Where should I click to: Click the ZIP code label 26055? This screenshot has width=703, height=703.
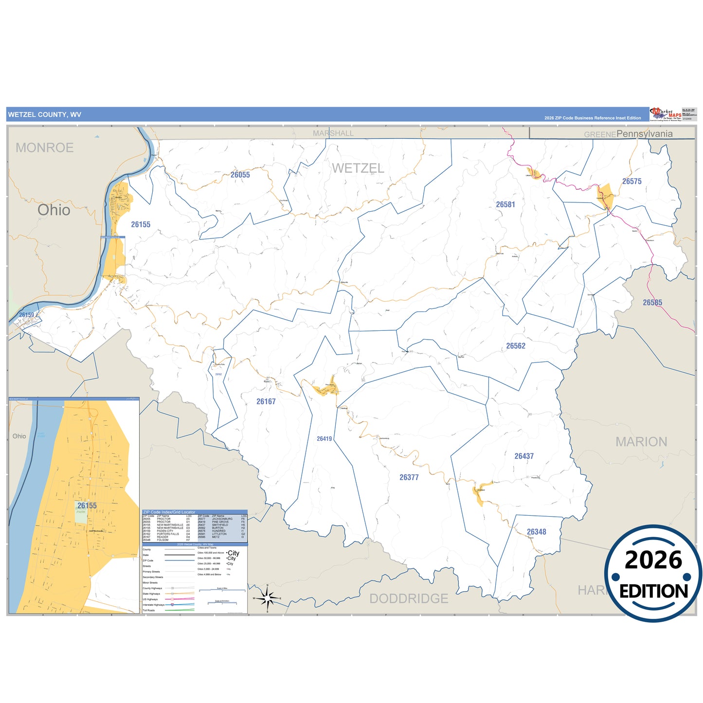(x=240, y=175)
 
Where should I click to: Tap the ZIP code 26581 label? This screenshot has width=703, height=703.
(x=505, y=205)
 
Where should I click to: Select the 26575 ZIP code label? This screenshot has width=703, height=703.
(x=631, y=181)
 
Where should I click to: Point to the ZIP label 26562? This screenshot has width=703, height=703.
(x=516, y=346)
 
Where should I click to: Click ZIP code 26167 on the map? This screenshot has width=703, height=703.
(x=266, y=402)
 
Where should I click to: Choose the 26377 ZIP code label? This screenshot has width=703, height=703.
(x=409, y=478)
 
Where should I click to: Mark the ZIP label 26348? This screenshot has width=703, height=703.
(x=537, y=532)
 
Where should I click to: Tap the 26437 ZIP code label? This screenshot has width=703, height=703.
(x=524, y=456)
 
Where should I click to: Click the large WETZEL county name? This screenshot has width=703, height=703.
(x=358, y=168)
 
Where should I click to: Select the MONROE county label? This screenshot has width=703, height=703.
(x=45, y=148)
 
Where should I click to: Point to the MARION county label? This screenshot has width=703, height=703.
(x=641, y=442)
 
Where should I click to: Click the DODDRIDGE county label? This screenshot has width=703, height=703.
(x=409, y=598)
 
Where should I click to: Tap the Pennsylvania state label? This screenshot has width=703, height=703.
(x=645, y=134)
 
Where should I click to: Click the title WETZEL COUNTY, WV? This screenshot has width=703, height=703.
(x=45, y=115)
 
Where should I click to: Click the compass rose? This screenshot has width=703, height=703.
(x=267, y=598)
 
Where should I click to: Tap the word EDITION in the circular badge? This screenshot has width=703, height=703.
(x=653, y=592)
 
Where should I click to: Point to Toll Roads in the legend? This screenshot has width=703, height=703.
(x=149, y=610)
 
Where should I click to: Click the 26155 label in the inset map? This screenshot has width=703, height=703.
(x=87, y=506)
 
